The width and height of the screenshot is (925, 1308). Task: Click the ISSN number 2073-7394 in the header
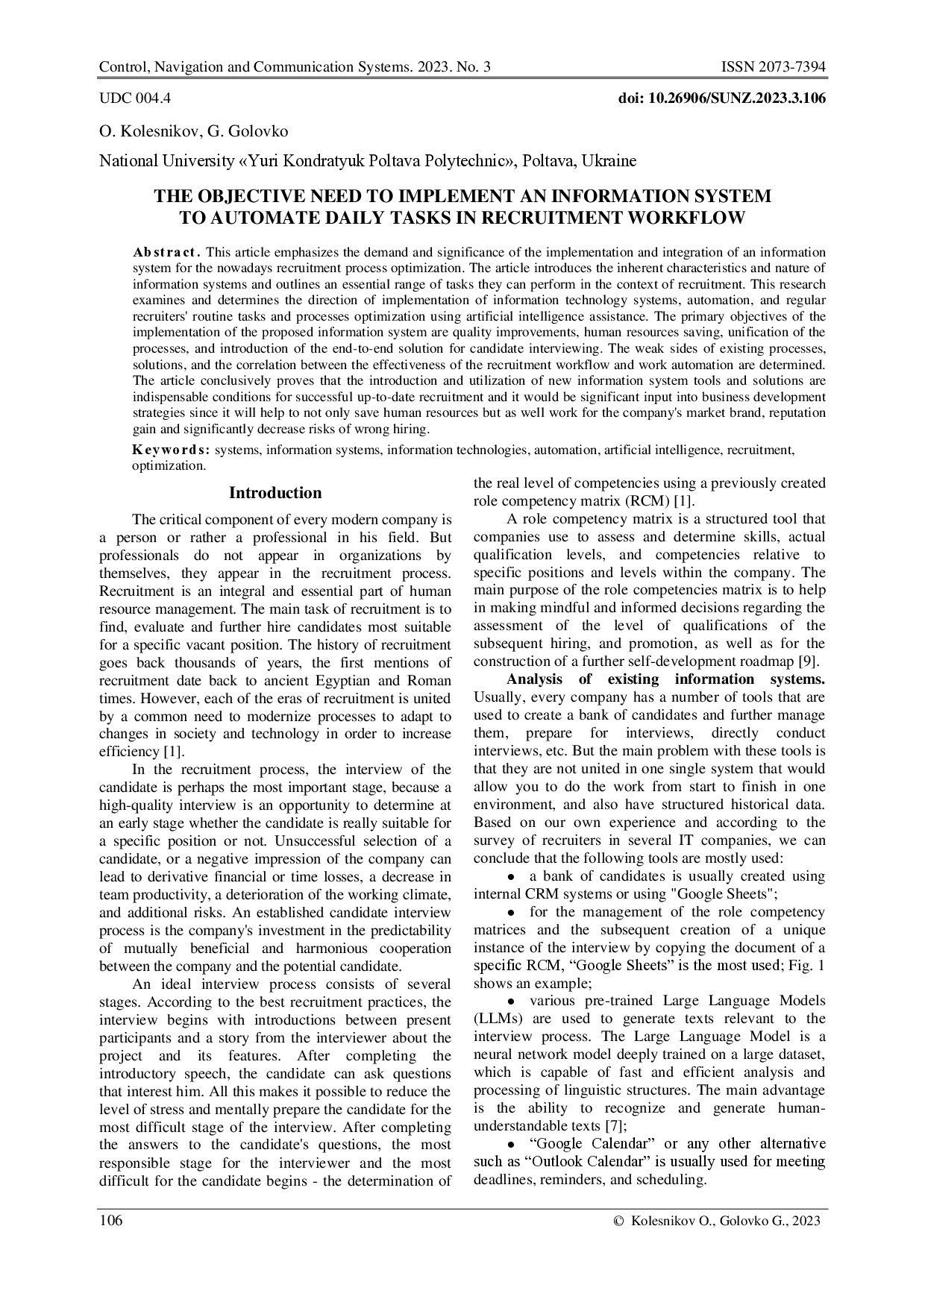(x=792, y=68)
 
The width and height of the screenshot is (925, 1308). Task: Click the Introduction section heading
(x=275, y=493)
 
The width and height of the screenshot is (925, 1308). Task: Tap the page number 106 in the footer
(x=111, y=1220)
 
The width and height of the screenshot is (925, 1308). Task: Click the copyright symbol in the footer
(x=617, y=1221)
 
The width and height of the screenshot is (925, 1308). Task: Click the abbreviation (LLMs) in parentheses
(x=501, y=1019)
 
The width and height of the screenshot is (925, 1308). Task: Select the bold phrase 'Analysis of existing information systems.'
(x=665, y=679)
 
